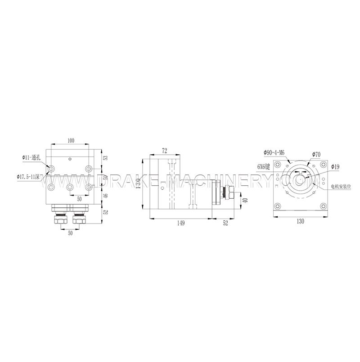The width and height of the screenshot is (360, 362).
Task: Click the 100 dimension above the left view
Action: point(71,141)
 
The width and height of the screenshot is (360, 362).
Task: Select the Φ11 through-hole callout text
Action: point(31,158)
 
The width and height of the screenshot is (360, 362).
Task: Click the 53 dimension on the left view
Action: point(105,158)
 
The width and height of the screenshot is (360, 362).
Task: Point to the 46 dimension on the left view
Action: point(105,196)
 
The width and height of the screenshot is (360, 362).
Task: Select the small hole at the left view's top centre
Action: point(69,159)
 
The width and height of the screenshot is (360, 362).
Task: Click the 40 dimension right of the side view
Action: point(245,200)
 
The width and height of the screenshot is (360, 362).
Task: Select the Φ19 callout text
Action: point(335,167)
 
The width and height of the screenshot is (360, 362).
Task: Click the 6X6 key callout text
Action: point(263,166)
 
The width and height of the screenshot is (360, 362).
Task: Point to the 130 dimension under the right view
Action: point(300,221)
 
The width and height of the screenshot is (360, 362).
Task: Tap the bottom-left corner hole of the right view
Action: point(279,206)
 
